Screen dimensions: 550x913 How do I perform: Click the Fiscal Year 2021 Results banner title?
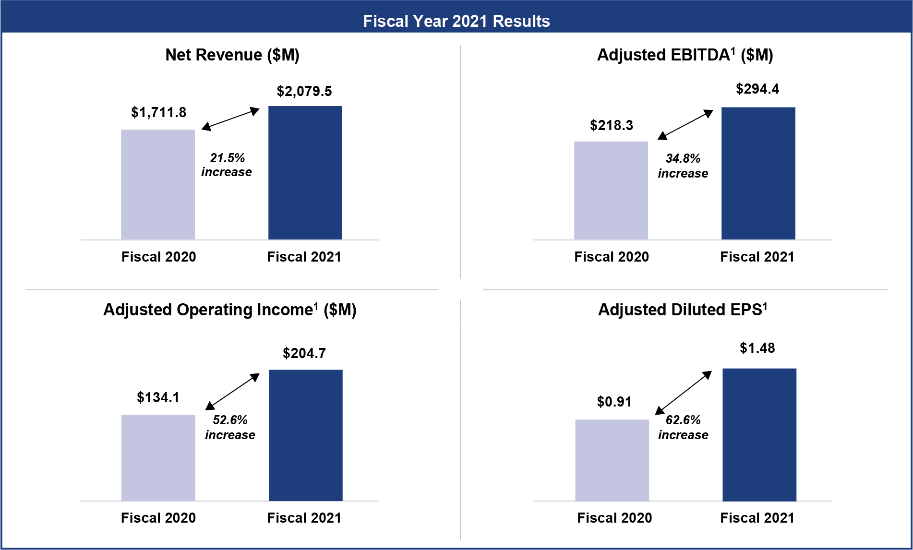coord(456,21)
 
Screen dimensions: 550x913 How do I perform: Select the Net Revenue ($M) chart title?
coord(232,55)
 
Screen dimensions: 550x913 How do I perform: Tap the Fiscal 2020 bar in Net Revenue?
coord(158,185)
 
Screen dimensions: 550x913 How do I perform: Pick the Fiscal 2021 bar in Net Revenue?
coord(305,173)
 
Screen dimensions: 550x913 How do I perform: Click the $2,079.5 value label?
coord(304,91)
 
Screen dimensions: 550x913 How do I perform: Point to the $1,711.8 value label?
coord(158,112)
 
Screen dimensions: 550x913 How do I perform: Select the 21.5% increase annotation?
coord(227,165)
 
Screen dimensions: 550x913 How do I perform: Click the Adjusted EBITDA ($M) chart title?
coord(685,55)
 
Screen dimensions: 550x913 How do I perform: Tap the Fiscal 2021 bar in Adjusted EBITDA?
coord(758,173)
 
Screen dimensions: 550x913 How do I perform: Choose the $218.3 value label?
coord(612,125)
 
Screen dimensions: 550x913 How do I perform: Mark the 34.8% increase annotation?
coord(683,166)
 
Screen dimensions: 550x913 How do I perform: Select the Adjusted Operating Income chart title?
coord(230,310)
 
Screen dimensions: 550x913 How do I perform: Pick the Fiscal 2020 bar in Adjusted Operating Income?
coord(158,458)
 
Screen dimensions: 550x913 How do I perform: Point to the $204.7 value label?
coord(304,353)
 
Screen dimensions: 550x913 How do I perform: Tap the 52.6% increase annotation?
coord(230,428)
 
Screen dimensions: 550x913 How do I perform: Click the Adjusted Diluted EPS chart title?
coord(683,310)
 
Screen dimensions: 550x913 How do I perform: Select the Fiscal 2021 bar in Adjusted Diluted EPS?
coord(759,435)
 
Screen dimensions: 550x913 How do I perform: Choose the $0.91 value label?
coord(614,402)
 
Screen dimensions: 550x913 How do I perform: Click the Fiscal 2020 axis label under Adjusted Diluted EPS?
coord(614,518)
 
